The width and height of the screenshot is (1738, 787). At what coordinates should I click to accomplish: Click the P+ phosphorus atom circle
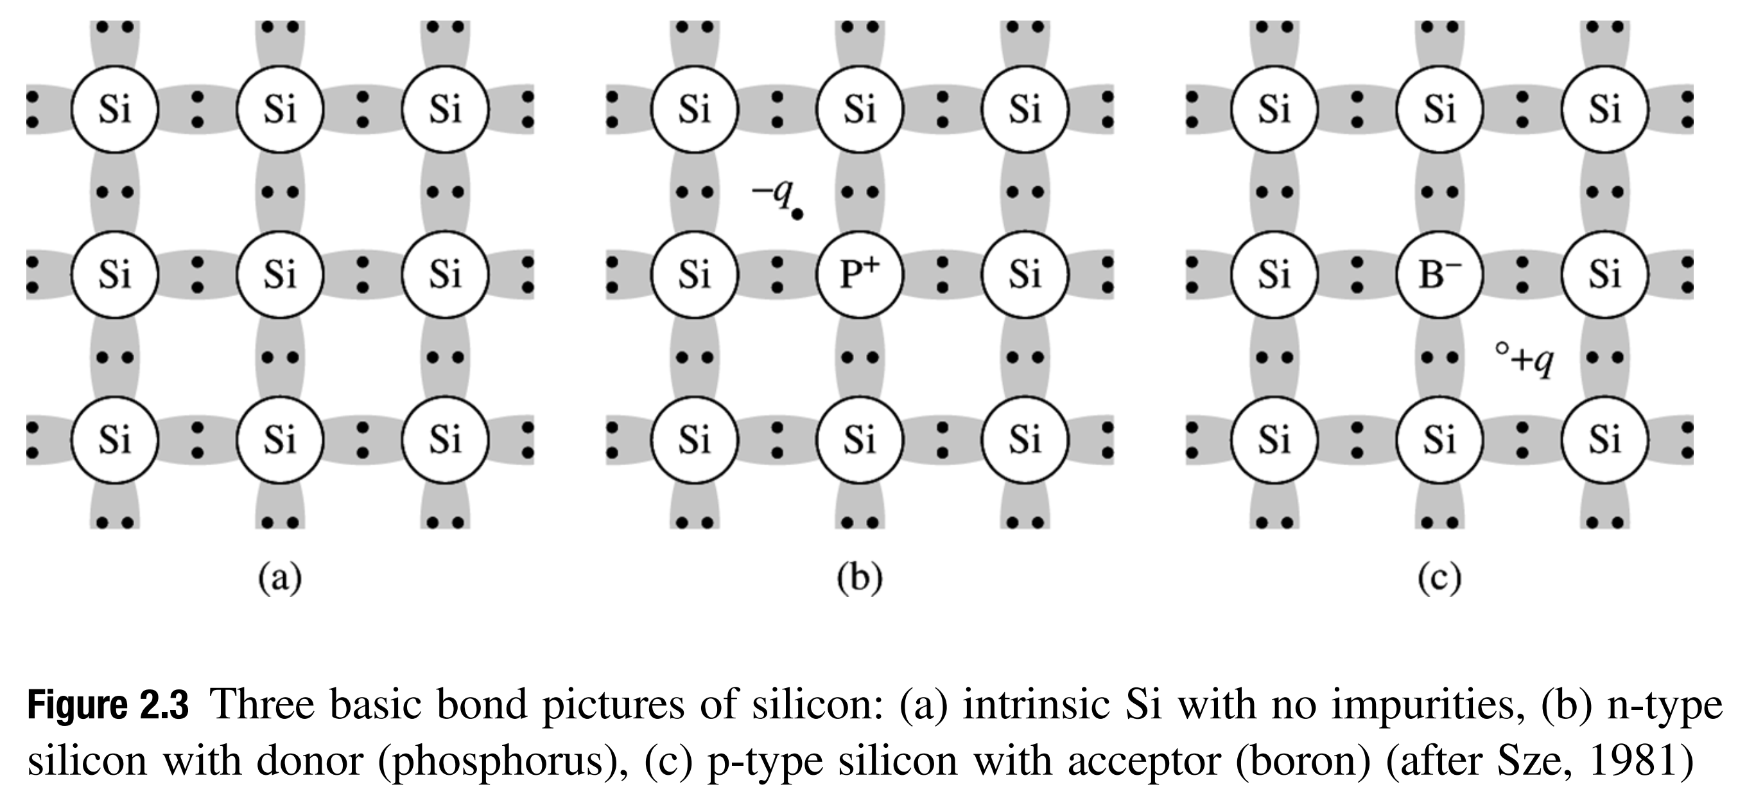tap(859, 274)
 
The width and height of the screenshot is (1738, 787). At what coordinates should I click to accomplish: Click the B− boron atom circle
tap(1439, 274)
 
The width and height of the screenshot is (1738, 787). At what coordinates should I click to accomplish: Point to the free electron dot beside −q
tap(797, 215)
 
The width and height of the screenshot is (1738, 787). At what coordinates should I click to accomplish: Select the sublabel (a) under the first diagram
tap(280, 579)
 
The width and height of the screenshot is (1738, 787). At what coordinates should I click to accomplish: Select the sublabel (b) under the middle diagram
tap(860, 579)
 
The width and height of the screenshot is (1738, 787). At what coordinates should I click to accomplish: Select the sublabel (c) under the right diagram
tap(1439, 579)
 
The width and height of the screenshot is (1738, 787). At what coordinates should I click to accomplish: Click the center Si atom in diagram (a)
tap(280, 274)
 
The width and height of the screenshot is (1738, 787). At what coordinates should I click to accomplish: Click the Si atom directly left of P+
tap(694, 274)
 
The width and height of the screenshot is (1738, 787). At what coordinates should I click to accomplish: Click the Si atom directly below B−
tap(1439, 440)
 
